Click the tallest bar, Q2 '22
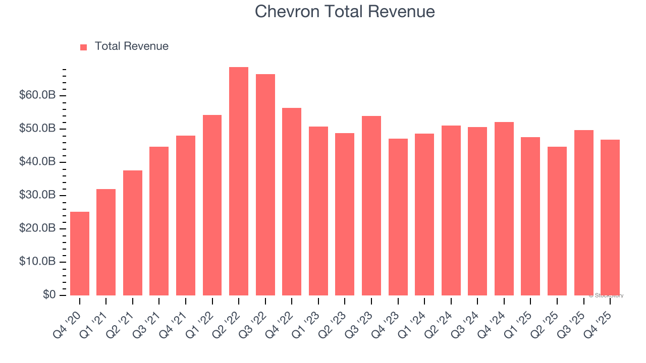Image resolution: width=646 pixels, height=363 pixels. point(239,181)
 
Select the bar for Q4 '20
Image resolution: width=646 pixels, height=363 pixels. point(80,254)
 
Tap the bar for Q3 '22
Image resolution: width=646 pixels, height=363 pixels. point(265,185)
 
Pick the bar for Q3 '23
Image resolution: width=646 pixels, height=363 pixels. point(371,206)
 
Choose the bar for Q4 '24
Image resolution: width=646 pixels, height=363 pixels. point(504,209)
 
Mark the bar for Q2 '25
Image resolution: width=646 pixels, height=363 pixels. point(557,221)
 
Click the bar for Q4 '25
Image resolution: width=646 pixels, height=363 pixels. point(610,217)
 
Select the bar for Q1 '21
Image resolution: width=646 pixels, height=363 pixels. point(106,242)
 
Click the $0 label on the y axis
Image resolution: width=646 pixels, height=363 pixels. point(48,295)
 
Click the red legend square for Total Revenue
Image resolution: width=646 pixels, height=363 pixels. point(84,47)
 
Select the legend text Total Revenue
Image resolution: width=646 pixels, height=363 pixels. point(131,46)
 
